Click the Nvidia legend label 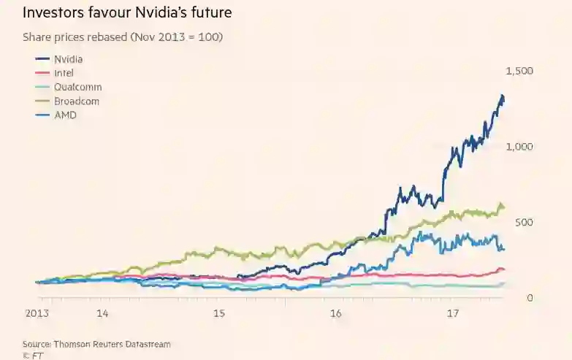click(x=68, y=58)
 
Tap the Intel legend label click(x=64, y=73)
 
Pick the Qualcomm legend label click(x=78, y=87)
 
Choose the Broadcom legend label click(x=76, y=101)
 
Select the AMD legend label click(x=65, y=115)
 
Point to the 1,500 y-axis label click(x=519, y=71)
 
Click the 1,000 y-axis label click(x=519, y=147)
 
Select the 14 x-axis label click(x=102, y=314)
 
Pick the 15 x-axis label click(x=218, y=314)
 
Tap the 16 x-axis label click(x=335, y=314)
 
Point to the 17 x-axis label click(x=452, y=314)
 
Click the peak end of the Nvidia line click(x=502, y=96)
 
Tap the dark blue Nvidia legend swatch click(x=42, y=59)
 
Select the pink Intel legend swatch click(x=42, y=73)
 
